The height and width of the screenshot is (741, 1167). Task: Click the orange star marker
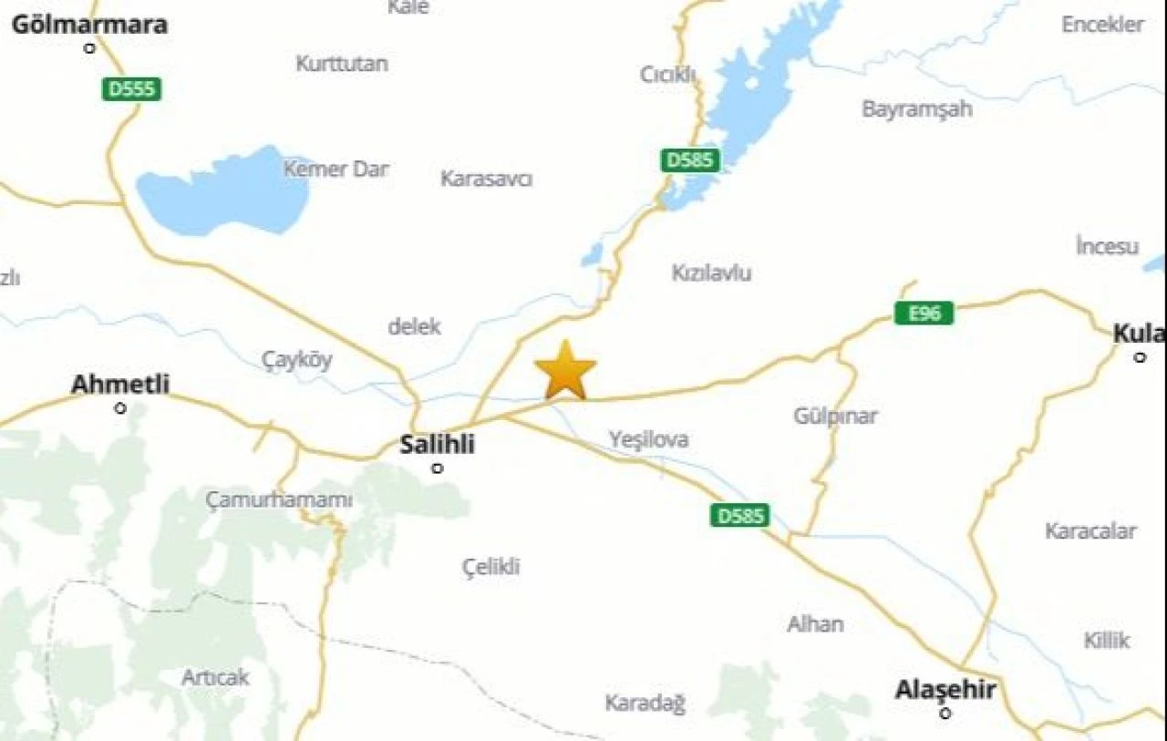pos(565,370)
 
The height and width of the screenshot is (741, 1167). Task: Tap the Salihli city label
pos(438,445)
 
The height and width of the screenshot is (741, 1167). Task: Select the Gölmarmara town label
pos(89,25)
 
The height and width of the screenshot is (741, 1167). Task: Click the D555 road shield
pos(132,89)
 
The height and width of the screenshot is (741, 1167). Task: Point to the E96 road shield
pos(924,314)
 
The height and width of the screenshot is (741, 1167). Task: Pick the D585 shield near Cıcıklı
pos(690,161)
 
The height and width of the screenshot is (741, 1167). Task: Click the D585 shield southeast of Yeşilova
pos(739,516)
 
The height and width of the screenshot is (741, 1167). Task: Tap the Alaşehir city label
pos(945,690)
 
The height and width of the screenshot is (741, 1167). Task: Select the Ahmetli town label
pos(120,385)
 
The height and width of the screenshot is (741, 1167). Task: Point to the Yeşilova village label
pos(649,440)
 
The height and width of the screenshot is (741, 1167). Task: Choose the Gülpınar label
pos(835,417)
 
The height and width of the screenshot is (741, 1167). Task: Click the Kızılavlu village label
pos(711,273)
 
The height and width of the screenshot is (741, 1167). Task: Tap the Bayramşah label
pos(916,109)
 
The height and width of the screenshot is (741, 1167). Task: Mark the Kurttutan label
pos(342,64)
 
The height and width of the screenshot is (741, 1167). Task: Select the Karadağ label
pos(645,704)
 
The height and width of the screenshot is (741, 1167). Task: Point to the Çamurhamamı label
pos(278,500)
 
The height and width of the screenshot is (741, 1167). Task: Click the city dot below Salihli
pos(438,468)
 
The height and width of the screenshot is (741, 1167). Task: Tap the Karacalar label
pos(1090,531)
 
